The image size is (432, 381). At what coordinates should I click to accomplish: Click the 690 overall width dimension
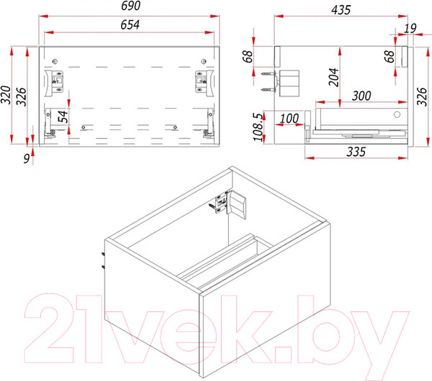click(x=130, y=6)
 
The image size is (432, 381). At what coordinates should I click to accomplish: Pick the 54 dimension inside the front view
click(x=63, y=117)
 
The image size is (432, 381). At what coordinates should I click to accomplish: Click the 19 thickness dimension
click(x=410, y=29)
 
